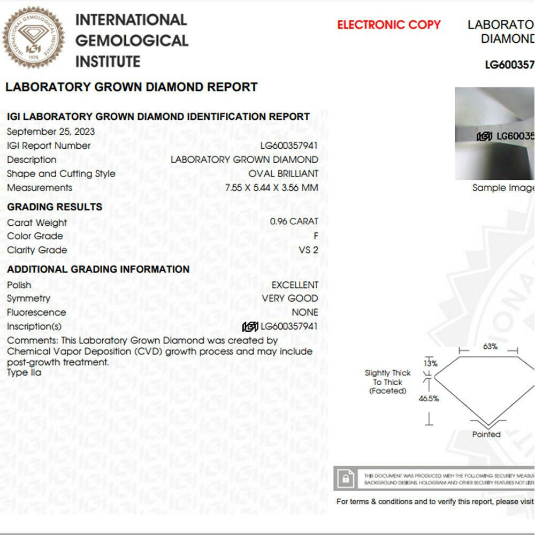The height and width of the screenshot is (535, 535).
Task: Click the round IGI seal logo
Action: pos(33,37)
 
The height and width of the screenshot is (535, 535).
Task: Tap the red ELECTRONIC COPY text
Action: pos(389,25)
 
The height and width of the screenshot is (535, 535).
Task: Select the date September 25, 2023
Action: pos(51,132)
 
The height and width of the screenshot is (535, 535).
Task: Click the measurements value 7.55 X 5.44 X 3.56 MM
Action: pos(272,188)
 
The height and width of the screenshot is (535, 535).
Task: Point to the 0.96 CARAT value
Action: pos(294,221)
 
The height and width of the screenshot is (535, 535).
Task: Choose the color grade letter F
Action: pos(316,236)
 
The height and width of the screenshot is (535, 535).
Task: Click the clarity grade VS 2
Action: pos(308,250)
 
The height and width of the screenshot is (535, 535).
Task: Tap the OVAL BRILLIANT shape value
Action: pos(283,174)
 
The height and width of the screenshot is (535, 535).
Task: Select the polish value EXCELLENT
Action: pos(295,285)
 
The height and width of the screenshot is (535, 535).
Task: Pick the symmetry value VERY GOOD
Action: pos(290,299)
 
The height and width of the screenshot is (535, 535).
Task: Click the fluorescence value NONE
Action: pos(305,312)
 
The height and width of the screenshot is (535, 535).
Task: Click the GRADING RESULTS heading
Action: pos(55,207)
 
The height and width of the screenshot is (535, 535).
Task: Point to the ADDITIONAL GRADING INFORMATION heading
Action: pos(98,270)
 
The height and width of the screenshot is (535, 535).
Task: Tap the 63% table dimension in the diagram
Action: pos(490,346)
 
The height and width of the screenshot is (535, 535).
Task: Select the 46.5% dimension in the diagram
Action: pos(429,399)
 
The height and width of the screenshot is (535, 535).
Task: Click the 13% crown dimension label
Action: pos(431,363)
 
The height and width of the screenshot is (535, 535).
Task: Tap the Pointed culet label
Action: pos(486,434)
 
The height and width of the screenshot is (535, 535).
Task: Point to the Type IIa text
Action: pos(24,373)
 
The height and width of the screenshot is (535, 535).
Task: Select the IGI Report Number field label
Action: pos(49,146)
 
